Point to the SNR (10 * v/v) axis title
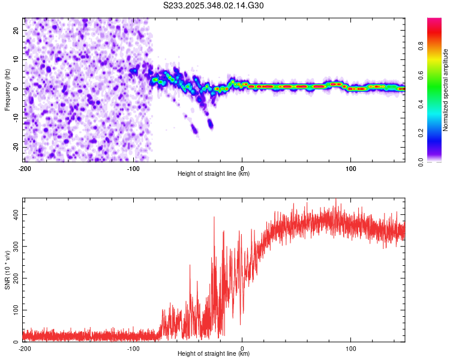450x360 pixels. click(x=8, y=269)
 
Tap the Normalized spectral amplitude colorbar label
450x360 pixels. click(x=446, y=90)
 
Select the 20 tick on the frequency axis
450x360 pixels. click(x=16, y=29)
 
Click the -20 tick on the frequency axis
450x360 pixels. click(x=15, y=147)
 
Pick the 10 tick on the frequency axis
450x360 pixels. click(x=16, y=59)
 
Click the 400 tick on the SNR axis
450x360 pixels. click(x=14, y=214)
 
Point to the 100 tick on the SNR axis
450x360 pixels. click(x=14, y=310)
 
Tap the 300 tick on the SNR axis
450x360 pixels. click(x=14, y=246)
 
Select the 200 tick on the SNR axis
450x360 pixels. click(x=14, y=278)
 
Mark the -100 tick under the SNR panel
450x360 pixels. click(x=133, y=348)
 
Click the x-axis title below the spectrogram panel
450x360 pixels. click(x=214, y=173)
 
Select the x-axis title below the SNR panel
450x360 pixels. click(x=214, y=354)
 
